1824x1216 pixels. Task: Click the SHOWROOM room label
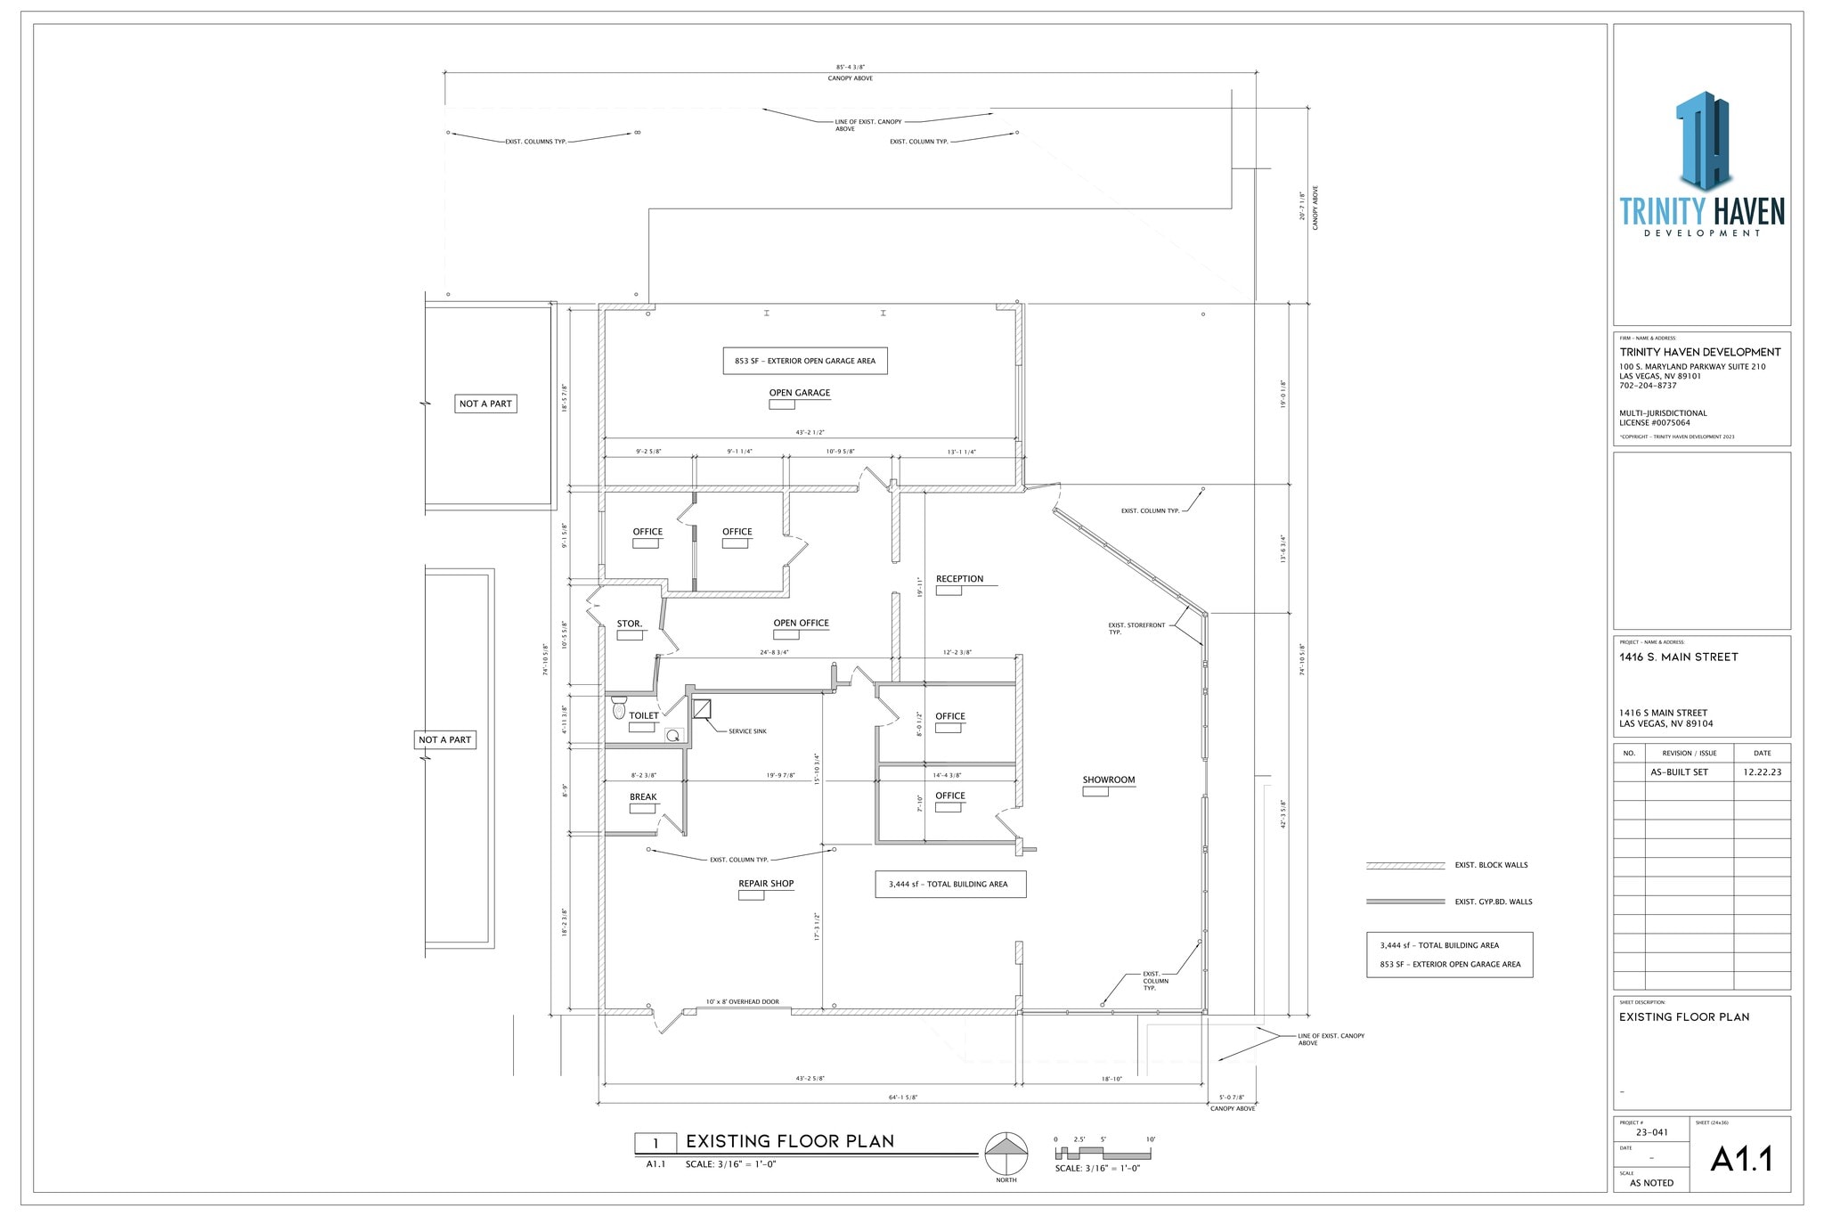(1108, 779)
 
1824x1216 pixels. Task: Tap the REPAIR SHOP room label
(765, 884)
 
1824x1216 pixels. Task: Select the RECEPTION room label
(959, 579)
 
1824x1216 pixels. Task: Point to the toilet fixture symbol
(620, 709)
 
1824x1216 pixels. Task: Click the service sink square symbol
(702, 709)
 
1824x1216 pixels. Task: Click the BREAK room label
(643, 797)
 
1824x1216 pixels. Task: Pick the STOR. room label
(629, 624)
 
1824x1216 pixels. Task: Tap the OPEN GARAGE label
(799, 393)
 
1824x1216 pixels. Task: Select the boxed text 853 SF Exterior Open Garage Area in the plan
(804, 361)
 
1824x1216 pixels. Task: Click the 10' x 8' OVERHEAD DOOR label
(742, 1002)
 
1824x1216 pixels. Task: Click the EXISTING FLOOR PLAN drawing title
(789, 1141)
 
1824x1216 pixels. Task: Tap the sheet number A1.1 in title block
(1741, 1159)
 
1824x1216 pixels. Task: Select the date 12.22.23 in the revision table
(1762, 772)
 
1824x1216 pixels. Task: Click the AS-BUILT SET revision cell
(1679, 772)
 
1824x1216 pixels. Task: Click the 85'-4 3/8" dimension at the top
(850, 67)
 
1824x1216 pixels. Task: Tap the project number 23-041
(1651, 1132)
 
